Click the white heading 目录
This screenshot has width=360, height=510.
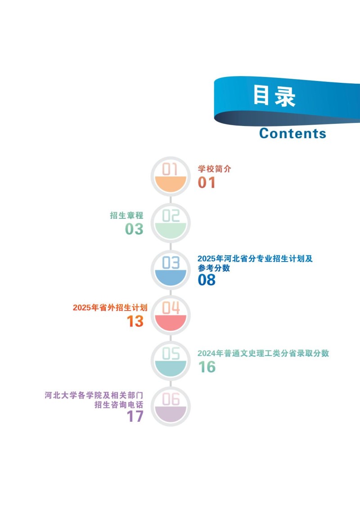point(274,96)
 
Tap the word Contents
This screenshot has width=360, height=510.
point(292,133)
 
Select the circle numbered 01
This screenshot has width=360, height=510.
point(171,176)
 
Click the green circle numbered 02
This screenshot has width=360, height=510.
point(171,223)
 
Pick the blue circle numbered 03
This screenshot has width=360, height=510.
point(171,270)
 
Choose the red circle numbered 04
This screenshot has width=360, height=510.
point(171,315)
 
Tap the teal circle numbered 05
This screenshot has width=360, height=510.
point(171,361)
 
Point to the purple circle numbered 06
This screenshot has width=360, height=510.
point(171,406)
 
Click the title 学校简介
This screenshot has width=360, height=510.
point(215,169)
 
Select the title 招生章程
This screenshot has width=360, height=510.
point(126,215)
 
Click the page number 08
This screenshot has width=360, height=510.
point(207,280)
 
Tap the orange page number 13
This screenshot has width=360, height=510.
point(135,321)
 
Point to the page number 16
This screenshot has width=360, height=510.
point(207,367)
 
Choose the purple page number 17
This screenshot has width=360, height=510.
point(135,416)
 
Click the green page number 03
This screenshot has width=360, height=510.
point(134,229)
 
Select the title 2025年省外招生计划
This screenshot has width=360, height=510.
point(110,307)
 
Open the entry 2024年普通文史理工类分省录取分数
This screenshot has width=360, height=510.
point(263,353)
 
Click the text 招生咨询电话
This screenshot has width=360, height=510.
point(119,405)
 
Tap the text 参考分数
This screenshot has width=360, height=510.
point(214,268)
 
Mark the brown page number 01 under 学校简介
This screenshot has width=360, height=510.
point(207,182)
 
